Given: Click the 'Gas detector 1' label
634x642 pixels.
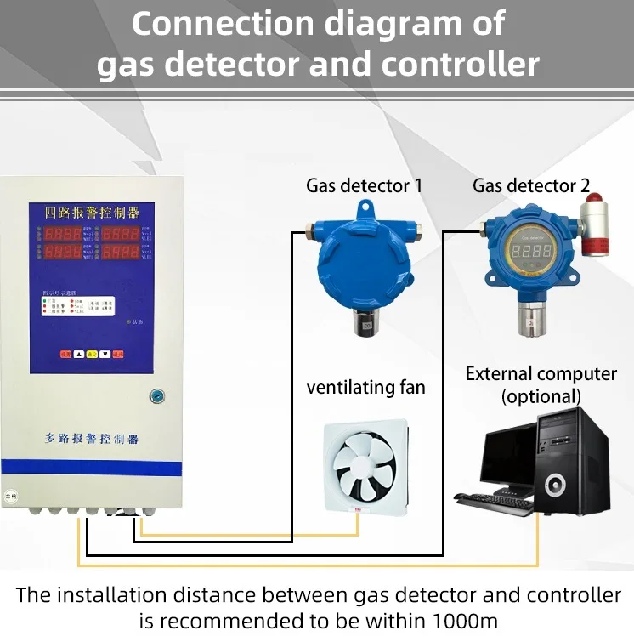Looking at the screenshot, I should point(364,185).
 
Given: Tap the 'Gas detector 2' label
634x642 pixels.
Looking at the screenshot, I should point(531,185).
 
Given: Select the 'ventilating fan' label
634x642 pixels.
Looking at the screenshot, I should point(365,389).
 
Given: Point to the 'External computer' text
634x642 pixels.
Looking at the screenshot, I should point(541,373).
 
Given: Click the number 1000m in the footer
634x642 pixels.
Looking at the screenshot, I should point(462,620).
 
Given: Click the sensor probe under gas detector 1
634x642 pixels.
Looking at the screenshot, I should point(365,322).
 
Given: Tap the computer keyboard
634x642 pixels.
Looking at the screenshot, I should point(493,503).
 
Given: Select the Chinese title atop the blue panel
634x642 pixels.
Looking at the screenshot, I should point(92,211).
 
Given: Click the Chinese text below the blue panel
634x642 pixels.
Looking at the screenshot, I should point(91,439).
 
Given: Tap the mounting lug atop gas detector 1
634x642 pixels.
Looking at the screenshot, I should point(365,207).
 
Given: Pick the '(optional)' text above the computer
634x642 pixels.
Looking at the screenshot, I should point(541,396).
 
